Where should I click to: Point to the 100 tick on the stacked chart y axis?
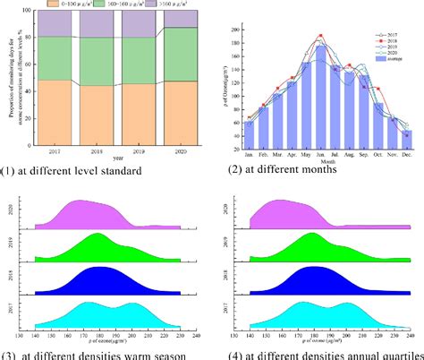pyautogui.click(x=38, y=11)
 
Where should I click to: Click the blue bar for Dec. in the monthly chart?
pyautogui.click(x=407, y=134)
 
